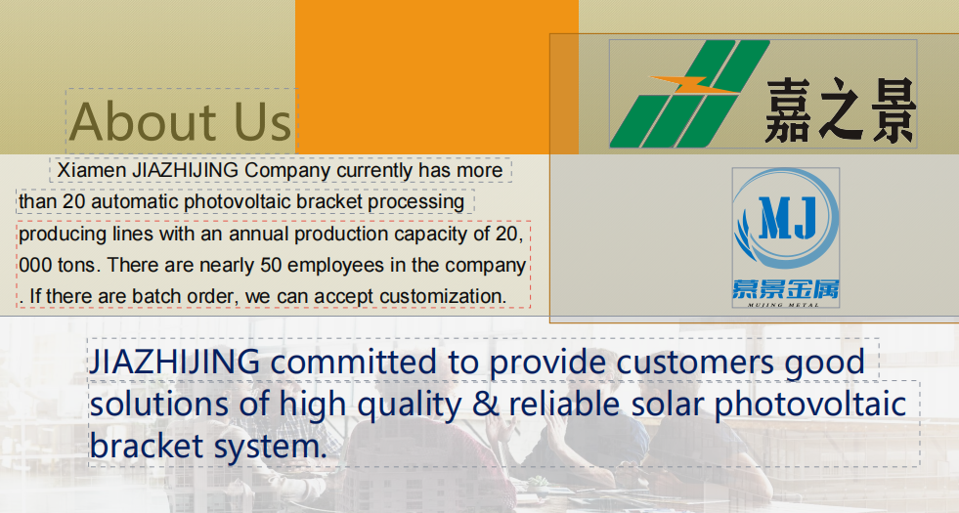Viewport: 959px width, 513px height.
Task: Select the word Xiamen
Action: [x=92, y=170]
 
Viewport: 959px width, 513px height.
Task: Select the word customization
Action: [x=442, y=296]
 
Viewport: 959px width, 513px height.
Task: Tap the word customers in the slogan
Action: [x=695, y=362]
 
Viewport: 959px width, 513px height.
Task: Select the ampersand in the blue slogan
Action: [x=486, y=405]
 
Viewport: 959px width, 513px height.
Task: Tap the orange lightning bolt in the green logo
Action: [x=694, y=85]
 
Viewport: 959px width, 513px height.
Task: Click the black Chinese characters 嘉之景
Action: [x=841, y=110]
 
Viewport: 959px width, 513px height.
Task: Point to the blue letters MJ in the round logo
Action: [x=787, y=218]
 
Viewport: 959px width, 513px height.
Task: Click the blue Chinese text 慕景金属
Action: [x=786, y=288]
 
